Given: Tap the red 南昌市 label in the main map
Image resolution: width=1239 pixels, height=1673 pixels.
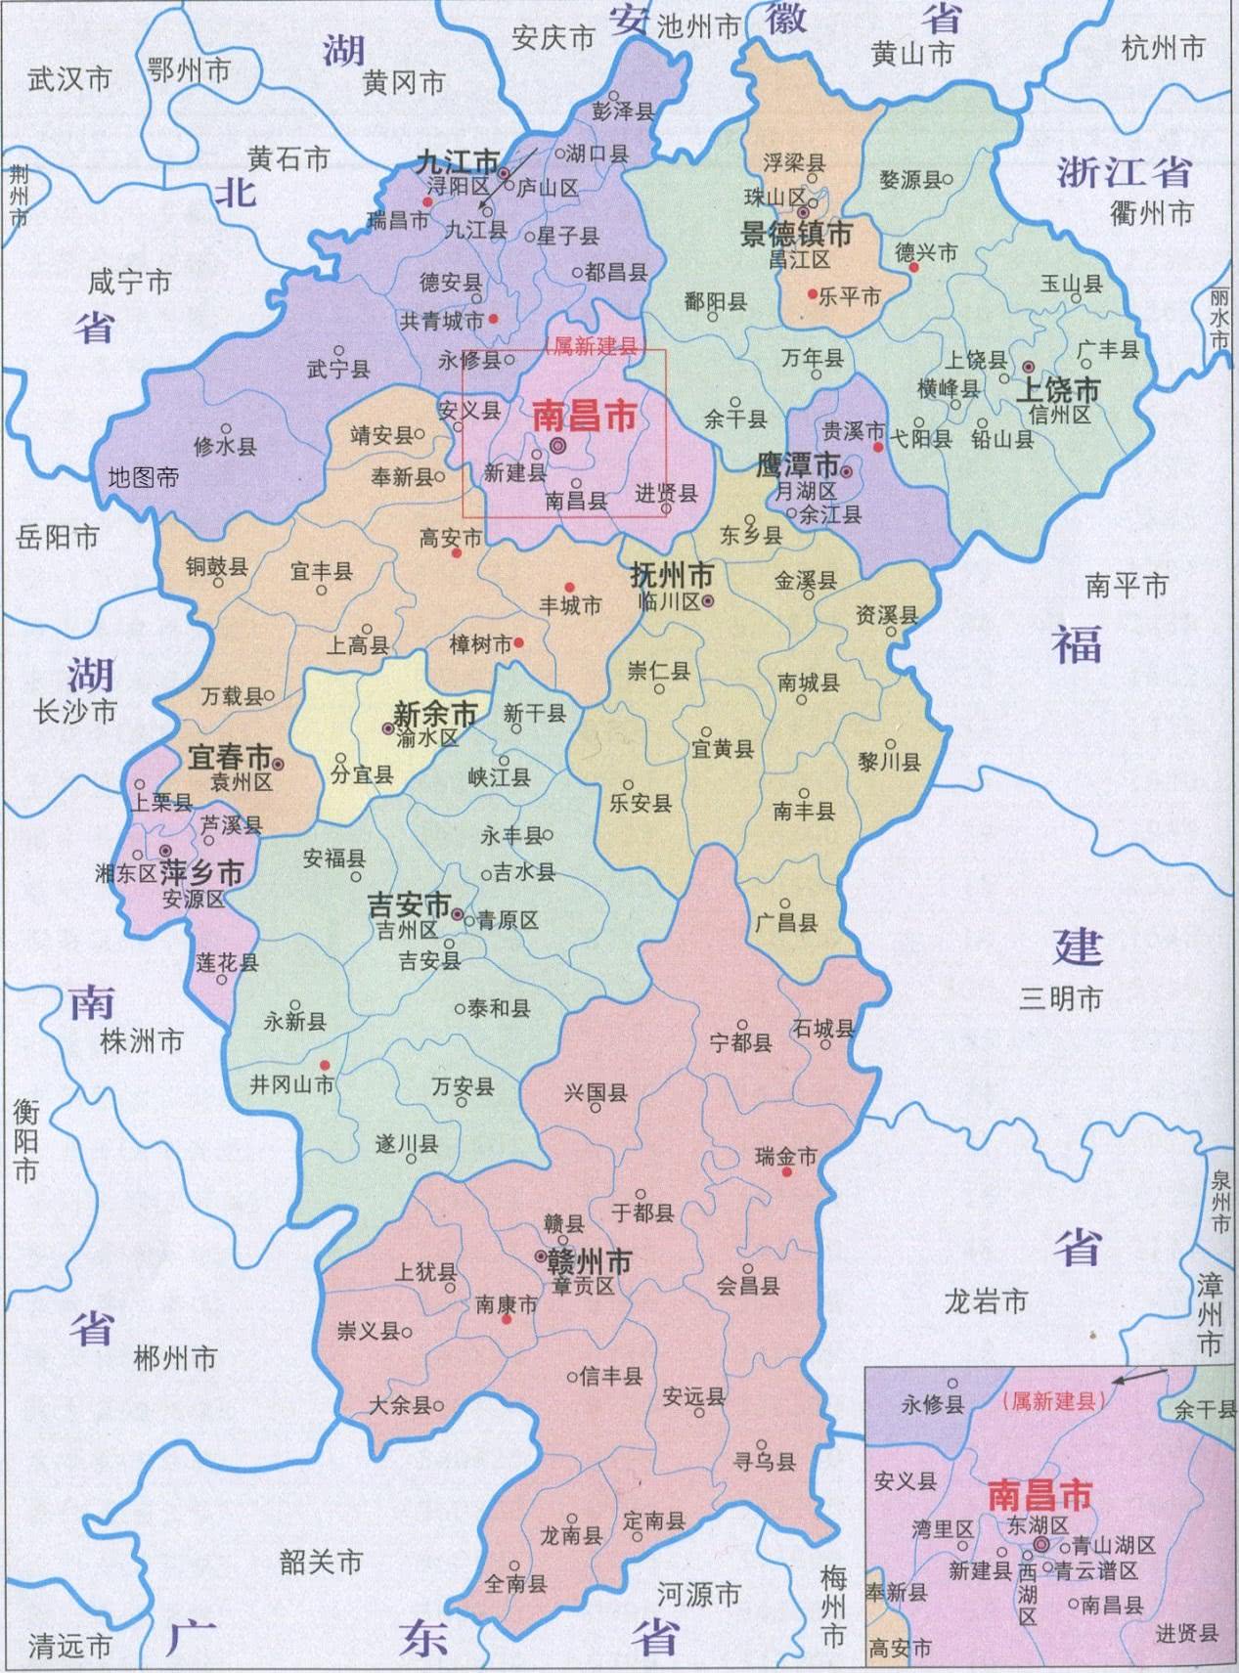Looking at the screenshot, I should (x=584, y=417).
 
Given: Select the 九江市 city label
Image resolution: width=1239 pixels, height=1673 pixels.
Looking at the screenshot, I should (x=457, y=161).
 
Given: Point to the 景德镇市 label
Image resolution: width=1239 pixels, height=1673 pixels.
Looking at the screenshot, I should (x=796, y=234).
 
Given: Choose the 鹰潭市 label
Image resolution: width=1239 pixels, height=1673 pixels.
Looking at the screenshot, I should (x=798, y=464).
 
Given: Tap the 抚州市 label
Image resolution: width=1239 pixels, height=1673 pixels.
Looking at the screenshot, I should (x=672, y=575).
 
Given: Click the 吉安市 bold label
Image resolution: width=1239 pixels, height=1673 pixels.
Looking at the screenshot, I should (x=409, y=904).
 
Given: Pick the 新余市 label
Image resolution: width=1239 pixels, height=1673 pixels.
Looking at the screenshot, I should (x=434, y=714).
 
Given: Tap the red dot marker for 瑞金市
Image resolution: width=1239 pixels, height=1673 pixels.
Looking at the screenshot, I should (x=786, y=1171).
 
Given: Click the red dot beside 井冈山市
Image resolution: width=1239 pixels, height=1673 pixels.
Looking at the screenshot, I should (x=326, y=1065).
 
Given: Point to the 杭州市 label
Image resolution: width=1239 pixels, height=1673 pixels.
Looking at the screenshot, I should (x=1163, y=47).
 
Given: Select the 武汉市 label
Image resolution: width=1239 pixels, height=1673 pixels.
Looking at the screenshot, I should (x=69, y=79).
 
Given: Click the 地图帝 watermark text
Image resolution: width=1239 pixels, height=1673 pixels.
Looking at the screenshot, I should (x=144, y=478).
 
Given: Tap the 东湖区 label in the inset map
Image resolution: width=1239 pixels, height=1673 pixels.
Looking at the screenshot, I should (x=1037, y=1525).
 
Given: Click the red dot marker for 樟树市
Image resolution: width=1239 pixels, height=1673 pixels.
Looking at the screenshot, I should (x=519, y=642).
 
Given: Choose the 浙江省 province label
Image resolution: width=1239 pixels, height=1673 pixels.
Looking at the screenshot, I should (x=1124, y=172).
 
